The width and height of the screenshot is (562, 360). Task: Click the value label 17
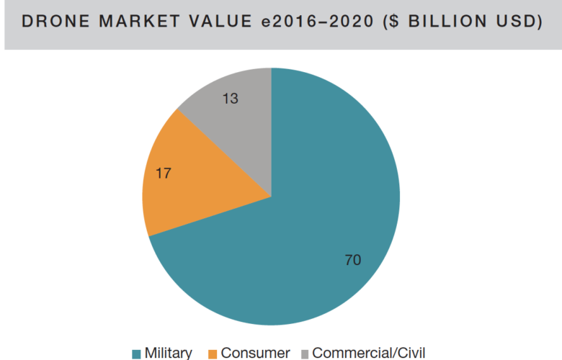(x=163, y=174)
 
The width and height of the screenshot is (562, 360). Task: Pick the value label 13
(x=230, y=99)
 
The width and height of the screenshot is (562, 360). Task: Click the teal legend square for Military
(x=136, y=354)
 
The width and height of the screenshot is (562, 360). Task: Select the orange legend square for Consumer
(x=212, y=354)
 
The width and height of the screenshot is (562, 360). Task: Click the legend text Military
(x=168, y=353)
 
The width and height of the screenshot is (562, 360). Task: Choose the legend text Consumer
(x=255, y=353)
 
